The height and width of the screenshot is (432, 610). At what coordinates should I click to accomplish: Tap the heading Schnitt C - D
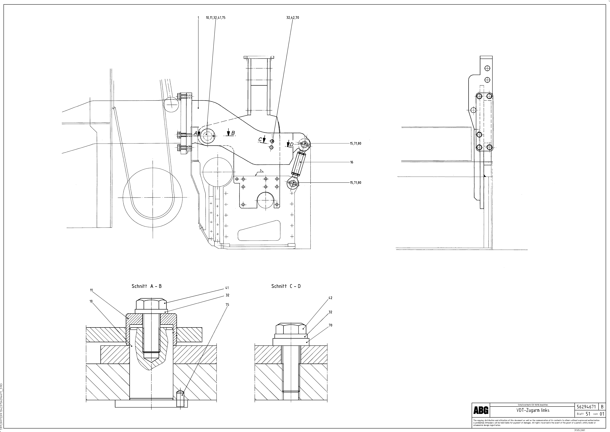(x=286, y=286)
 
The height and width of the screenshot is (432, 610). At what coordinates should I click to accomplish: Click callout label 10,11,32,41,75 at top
(x=215, y=18)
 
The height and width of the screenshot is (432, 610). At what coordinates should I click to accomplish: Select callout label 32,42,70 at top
(x=293, y=18)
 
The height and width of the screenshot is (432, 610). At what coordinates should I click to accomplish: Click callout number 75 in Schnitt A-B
(x=227, y=305)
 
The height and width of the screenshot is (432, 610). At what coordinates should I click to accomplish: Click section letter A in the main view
(x=195, y=133)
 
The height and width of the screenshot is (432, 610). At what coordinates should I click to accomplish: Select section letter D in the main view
(x=291, y=144)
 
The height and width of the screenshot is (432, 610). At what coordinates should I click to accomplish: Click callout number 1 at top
(x=198, y=18)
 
